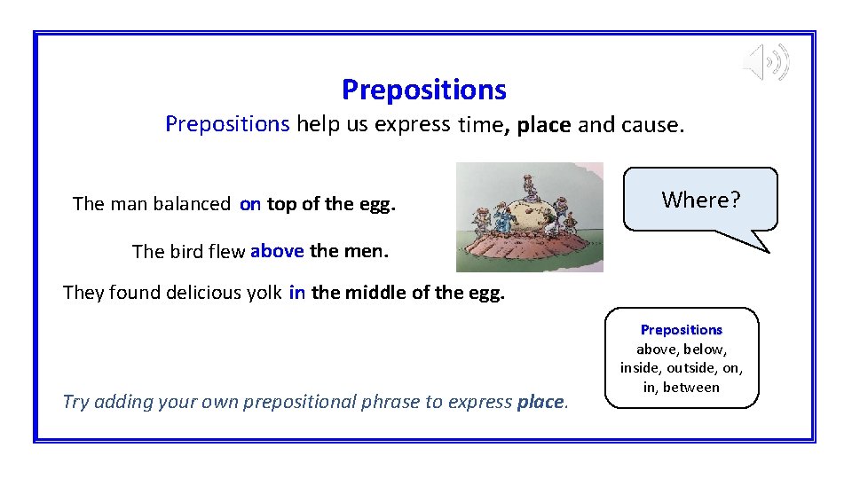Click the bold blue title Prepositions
click(x=423, y=90)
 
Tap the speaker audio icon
click(x=766, y=62)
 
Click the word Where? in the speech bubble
click(x=700, y=200)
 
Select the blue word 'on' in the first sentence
click(x=250, y=204)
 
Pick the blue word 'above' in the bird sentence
click(x=277, y=251)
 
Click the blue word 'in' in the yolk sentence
click(x=296, y=293)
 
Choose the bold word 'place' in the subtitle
click(x=543, y=125)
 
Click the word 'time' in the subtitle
click(x=480, y=125)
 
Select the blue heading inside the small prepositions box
click(x=682, y=329)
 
